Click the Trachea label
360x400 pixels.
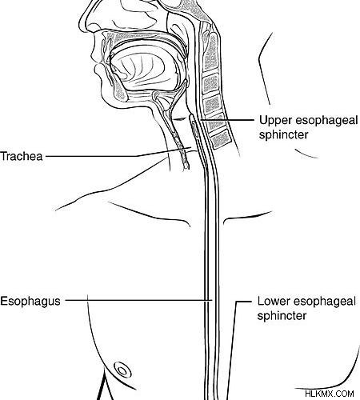click(x=22, y=156)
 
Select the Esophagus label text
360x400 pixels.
click(x=30, y=302)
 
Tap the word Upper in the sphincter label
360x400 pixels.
click(x=275, y=121)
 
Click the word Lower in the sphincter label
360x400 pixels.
click(x=274, y=301)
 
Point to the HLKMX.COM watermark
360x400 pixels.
click(x=330, y=394)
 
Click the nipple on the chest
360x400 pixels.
click(x=122, y=370)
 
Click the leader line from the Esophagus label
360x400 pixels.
click(x=138, y=301)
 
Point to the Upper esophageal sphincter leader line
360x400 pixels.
click(x=226, y=120)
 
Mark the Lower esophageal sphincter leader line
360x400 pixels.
click(x=231, y=350)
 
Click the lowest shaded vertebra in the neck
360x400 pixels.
click(x=220, y=138)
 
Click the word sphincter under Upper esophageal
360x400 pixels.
click(x=284, y=134)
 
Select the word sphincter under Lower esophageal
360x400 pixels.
click(x=282, y=316)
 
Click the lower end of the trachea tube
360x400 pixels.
click(x=186, y=167)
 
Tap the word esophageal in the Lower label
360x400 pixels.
click(x=325, y=302)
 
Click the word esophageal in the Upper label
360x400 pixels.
click(x=326, y=122)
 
